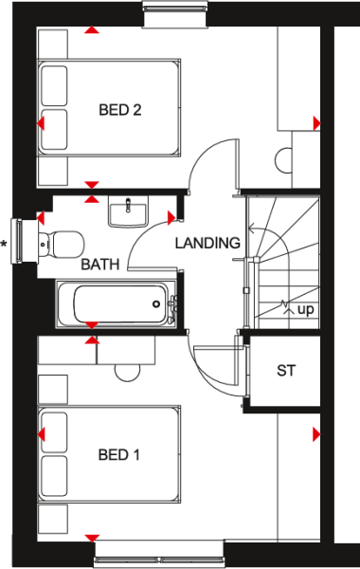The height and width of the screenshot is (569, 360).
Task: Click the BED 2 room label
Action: pyautogui.click(x=120, y=110)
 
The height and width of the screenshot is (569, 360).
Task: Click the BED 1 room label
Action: pyautogui.click(x=119, y=455)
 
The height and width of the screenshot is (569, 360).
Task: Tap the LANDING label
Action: pyautogui.click(x=207, y=243)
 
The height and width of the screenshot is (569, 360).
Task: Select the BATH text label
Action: pyautogui.click(x=99, y=265)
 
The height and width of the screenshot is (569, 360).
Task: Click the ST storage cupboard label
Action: pyautogui.click(x=286, y=370)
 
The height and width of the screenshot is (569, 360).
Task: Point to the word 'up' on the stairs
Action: pyautogui.click(x=306, y=309)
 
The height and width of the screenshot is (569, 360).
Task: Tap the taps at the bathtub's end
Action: pyautogui.click(x=173, y=304)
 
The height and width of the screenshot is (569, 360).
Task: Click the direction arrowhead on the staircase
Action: pyautogui.click(x=251, y=229)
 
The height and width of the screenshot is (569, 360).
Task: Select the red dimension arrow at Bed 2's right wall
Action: pyautogui.click(x=315, y=122)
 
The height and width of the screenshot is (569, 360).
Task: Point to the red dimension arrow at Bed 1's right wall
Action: pyautogui.click(x=315, y=434)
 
